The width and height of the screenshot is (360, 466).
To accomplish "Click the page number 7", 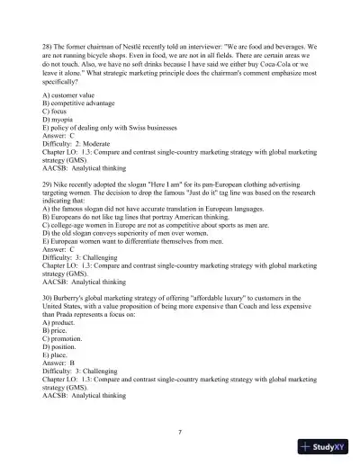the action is (x=180, y=433).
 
